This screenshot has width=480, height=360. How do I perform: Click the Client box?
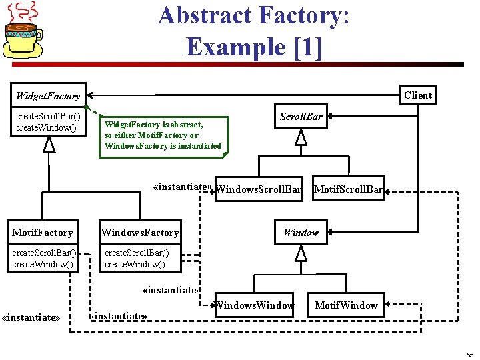tap(418, 95)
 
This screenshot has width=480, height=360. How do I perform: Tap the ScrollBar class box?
tap(301, 117)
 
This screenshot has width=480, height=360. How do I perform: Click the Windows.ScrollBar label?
tap(259, 189)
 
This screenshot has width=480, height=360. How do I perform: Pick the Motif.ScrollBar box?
tap(349, 189)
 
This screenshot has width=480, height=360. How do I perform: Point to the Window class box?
tap(301, 233)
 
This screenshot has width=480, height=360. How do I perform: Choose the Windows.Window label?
tap(254, 305)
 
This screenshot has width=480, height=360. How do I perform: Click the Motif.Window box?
tap(345, 305)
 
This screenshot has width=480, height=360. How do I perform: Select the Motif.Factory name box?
tap(43, 233)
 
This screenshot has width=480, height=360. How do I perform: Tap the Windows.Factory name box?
tap(140, 233)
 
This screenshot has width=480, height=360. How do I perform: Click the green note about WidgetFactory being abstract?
tap(163, 135)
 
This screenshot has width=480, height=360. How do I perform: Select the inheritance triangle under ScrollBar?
tap(301, 137)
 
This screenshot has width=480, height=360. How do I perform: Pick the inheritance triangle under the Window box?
tap(301, 253)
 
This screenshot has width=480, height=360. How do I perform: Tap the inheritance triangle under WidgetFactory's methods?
tap(49, 143)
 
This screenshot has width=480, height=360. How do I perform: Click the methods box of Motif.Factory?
tap(43, 259)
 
